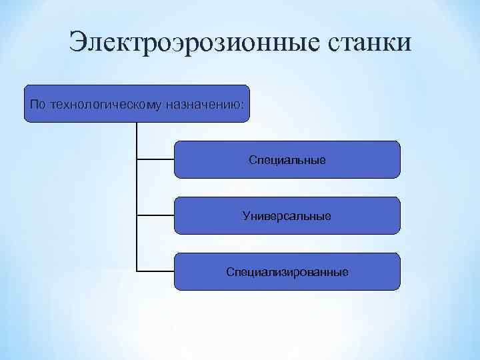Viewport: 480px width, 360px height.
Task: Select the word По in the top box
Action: click(37, 105)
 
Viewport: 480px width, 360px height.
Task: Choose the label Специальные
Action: click(287, 160)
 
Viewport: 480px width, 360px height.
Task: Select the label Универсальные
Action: click(287, 216)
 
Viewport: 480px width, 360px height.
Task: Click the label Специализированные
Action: click(287, 272)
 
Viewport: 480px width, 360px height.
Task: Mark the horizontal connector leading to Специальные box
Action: click(155, 159)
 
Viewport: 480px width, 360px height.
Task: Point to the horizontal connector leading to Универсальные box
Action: click(155, 215)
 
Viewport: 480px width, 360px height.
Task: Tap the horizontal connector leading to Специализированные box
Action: click(155, 271)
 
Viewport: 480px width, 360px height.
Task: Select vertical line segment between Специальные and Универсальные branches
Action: click(137, 187)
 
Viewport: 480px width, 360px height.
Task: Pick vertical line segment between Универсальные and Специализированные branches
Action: click(137, 243)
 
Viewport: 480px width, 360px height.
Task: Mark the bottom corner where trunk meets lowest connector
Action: click(137, 271)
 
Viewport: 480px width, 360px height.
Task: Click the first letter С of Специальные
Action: click(253, 160)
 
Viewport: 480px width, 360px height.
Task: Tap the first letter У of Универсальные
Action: click(247, 216)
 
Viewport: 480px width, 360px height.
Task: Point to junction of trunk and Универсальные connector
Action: click(137, 215)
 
